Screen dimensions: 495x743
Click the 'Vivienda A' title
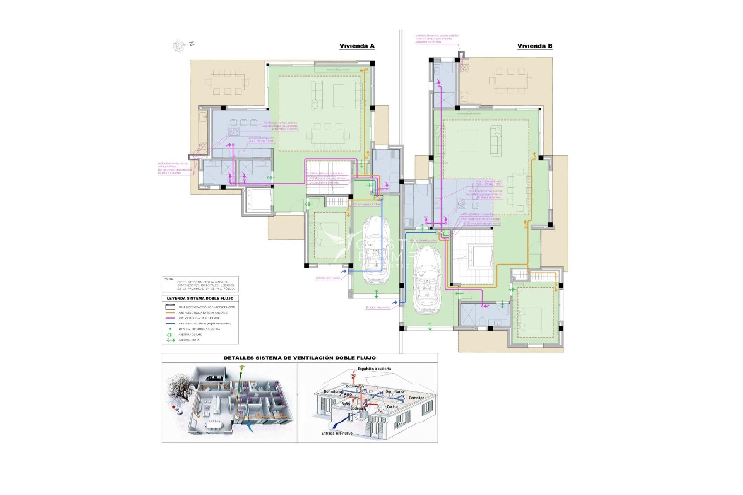(357, 46)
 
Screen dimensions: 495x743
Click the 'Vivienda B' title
(535, 46)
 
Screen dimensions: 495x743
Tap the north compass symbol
(179, 46)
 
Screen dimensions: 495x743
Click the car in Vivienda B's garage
(426, 280)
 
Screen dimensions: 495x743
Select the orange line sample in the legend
(170, 312)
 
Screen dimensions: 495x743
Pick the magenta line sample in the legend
(170, 318)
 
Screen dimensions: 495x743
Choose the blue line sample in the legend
(170, 323)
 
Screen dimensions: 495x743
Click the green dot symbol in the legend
(170, 329)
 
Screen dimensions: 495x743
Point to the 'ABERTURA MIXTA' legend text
(189, 340)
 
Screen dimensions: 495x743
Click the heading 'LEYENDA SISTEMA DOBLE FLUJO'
(200, 299)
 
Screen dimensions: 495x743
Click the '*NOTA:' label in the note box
(169, 279)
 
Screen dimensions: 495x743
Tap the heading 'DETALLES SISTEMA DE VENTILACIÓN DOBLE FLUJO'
(300, 358)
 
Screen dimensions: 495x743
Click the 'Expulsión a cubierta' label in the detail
(374, 369)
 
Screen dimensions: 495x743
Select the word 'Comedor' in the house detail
(416, 398)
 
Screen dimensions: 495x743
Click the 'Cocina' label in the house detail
(392, 407)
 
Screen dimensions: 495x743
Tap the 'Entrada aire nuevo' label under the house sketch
(337, 433)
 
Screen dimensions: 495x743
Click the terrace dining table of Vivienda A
(228, 82)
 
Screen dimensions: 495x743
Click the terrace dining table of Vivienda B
(511, 81)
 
